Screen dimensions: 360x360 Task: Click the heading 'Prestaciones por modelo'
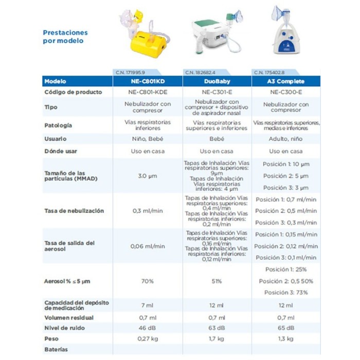click(65, 37)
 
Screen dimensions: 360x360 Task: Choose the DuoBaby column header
click(217, 81)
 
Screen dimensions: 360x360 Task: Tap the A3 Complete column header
click(286, 81)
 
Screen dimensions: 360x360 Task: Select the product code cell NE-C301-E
click(217, 92)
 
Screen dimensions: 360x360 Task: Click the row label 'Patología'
click(58, 125)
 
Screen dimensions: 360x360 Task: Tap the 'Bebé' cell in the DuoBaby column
click(217, 139)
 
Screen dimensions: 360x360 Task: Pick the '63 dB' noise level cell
click(217, 328)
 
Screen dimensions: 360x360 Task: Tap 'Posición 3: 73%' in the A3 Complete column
click(286, 292)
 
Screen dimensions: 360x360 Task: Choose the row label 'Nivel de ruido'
click(64, 328)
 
